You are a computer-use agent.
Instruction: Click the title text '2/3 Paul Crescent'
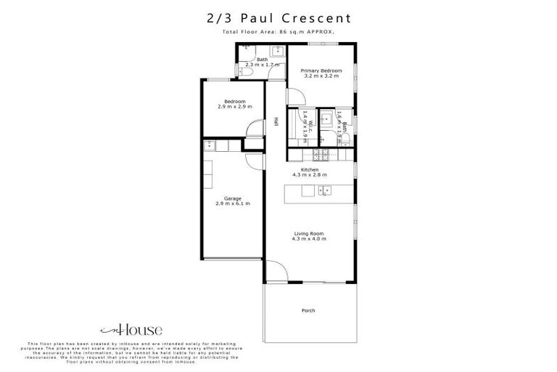pyautogui.click(x=278, y=17)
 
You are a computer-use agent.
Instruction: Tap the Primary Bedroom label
pyautogui.click(x=321, y=70)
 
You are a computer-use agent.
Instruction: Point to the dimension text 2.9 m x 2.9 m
pyautogui.click(x=234, y=107)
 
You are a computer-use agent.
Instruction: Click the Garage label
pyautogui.click(x=232, y=198)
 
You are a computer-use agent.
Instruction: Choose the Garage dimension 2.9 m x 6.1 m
pyautogui.click(x=232, y=203)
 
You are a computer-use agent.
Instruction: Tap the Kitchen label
pyautogui.click(x=310, y=169)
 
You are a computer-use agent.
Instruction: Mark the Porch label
pyautogui.click(x=308, y=310)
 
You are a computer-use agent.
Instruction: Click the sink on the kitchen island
pyautogui.click(x=324, y=190)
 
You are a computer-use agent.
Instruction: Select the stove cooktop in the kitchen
pyautogui.click(x=321, y=153)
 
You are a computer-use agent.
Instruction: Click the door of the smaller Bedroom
pyautogui.click(x=255, y=129)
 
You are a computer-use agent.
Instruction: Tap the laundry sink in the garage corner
pyautogui.click(x=208, y=144)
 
